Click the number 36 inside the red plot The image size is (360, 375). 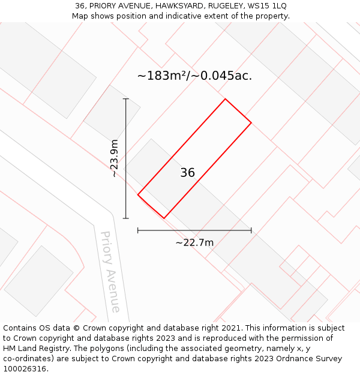tap(187, 173)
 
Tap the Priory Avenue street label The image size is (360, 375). tap(111, 271)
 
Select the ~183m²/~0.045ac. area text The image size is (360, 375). tap(194, 76)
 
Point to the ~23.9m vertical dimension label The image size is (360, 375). tap(114, 158)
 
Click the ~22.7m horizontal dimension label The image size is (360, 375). tap(194, 242)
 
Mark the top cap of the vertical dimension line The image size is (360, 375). tap(126, 99)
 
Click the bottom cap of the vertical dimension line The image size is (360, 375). tap(126, 218)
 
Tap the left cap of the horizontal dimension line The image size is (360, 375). tap(138, 230)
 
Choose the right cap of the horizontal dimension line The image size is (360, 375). tap(251, 230)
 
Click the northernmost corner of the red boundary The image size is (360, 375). tap(225, 99)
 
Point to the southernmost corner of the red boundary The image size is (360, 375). tap(164, 218)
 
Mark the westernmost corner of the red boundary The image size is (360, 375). tap(138, 194)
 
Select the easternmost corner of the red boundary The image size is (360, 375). tap(251, 123)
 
